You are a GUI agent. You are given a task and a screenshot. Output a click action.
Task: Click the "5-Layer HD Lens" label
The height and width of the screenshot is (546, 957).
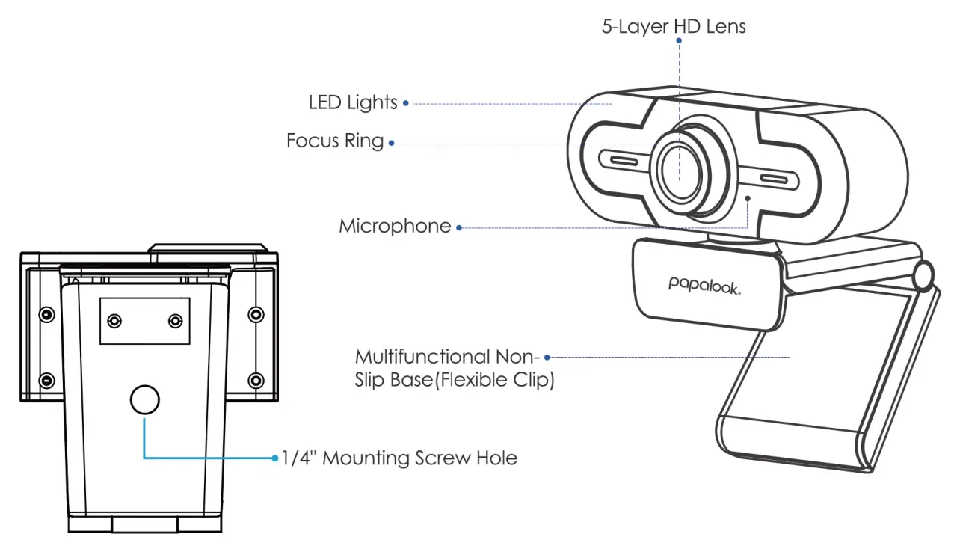point(674,27)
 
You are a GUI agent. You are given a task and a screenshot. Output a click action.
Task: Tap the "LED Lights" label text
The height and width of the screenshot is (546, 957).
point(353,102)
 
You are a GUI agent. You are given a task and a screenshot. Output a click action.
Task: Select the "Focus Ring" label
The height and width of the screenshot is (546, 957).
point(334,141)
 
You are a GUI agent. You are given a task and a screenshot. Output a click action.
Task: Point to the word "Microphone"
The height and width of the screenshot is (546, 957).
point(395,226)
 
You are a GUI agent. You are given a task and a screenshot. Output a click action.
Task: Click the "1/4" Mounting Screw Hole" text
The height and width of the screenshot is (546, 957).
point(399,458)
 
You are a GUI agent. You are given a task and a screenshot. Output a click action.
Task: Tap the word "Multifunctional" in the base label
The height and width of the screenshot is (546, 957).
point(422,356)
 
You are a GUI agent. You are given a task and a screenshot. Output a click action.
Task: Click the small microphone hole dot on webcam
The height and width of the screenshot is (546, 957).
point(748,198)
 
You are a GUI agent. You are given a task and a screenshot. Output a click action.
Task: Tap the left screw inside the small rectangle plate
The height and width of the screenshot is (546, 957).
point(114,321)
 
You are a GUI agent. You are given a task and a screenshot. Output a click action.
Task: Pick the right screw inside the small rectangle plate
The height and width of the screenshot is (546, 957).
point(176,321)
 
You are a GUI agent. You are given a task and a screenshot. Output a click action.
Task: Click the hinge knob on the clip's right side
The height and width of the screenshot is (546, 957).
point(925,275)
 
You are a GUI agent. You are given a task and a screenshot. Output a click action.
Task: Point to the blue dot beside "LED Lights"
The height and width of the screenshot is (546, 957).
point(406,103)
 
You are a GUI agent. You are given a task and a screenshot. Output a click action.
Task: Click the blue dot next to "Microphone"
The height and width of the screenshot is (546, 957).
point(459,227)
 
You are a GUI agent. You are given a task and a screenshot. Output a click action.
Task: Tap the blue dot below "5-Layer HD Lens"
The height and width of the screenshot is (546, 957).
point(679,42)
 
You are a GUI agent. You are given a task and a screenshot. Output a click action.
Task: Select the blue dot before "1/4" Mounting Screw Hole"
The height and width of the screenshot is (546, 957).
point(275,458)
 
